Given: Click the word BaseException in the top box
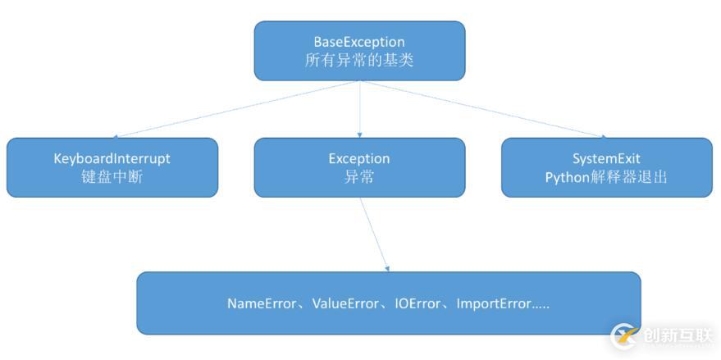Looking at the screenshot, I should tap(359, 42).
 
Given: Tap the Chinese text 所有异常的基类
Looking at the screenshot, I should tap(359, 61).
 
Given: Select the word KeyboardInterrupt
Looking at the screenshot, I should tap(112, 158).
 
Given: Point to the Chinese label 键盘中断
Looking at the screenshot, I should tap(112, 176).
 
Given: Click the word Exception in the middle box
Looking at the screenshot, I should tap(359, 158).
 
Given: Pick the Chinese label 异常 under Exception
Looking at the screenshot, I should tap(359, 176).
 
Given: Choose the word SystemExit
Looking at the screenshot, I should tap(606, 158).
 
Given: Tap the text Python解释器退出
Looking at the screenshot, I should tap(606, 176).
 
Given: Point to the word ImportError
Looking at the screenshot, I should tap(493, 303).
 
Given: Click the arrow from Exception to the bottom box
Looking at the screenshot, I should tap(373, 234).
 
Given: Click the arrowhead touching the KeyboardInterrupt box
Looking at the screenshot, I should tap(116, 135).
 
